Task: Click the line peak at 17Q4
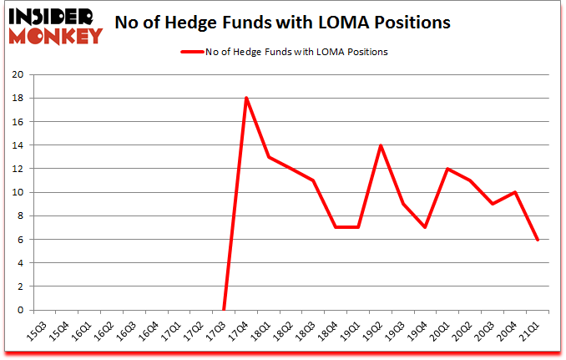click(246, 98)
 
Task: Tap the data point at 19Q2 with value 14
click(381, 145)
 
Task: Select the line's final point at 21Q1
click(538, 240)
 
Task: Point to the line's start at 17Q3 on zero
click(224, 310)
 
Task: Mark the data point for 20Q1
click(448, 169)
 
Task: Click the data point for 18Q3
click(313, 180)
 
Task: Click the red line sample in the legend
click(190, 52)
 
